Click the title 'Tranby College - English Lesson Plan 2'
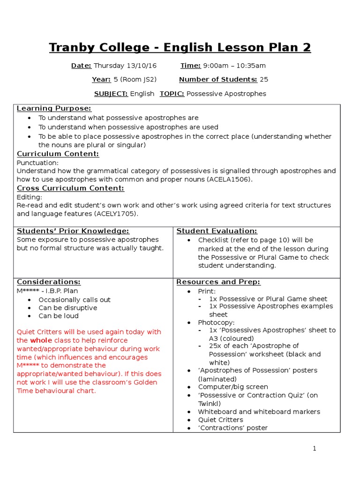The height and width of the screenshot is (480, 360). coord(180,47)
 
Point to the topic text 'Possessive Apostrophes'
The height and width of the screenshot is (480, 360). coord(226,94)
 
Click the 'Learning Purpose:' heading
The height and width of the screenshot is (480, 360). coord(54,109)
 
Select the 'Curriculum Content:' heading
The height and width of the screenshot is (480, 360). coord(58,154)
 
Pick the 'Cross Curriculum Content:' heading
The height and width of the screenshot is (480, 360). coord(70,188)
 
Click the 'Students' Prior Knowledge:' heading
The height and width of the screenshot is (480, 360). coord(73,231)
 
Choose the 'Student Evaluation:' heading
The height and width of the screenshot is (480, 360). coord(217,231)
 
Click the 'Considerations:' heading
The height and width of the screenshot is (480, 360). coord(49,282)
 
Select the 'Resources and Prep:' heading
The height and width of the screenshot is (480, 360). coord(218,282)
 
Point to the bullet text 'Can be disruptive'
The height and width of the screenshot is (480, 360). coord(68,308)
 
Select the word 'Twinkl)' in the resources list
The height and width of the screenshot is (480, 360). coord(209,404)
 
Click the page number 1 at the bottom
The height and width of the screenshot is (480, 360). coord(315,449)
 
